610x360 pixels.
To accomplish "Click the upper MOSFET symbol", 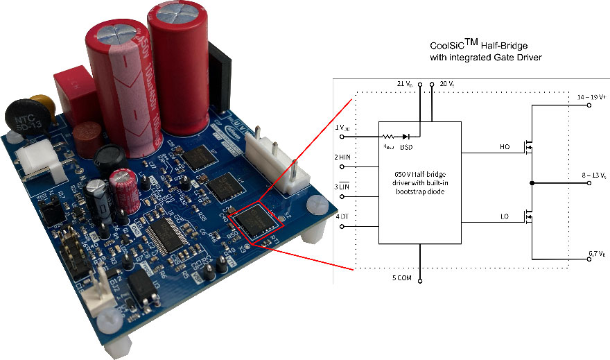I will [x=528, y=148].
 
